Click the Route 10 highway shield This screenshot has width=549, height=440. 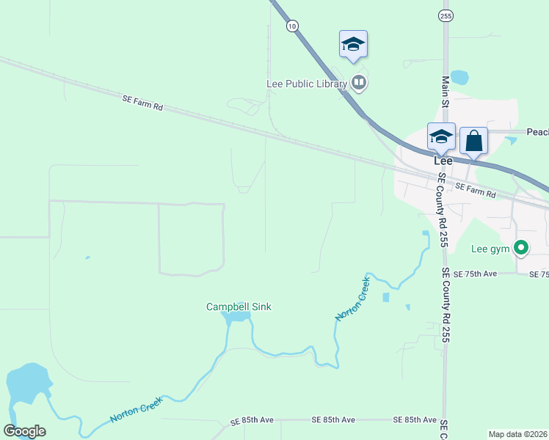point(293,26)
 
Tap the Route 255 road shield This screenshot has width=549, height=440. point(446,15)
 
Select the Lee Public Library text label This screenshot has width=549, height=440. point(306,84)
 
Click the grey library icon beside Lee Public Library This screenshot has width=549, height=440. point(359,82)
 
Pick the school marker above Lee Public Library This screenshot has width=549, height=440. point(353,45)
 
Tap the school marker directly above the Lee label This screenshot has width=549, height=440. point(441,137)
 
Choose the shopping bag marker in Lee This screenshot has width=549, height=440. point(473,140)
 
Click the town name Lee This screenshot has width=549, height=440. point(443,160)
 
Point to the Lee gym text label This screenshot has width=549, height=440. point(490,249)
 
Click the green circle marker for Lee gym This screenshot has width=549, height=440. point(521,249)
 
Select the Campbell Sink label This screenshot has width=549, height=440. point(239,307)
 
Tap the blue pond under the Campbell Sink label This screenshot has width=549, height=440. point(236,318)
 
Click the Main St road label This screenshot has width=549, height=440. point(445,91)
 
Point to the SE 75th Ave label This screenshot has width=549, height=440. point(475,274)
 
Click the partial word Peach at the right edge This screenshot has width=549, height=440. point(537,132)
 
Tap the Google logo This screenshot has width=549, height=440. point(24,430)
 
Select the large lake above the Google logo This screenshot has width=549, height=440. point(28,384)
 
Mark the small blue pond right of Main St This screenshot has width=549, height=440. point(459,76)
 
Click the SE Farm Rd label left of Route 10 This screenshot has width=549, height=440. point(142,102)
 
